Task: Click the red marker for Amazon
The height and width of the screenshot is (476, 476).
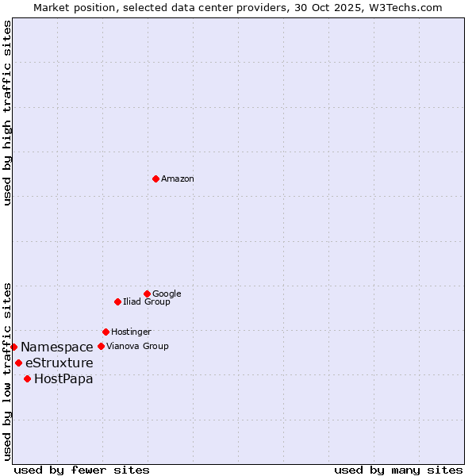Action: [155, 178]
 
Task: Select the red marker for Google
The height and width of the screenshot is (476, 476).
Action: [147, 294]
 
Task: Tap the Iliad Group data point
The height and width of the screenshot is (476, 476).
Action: [117, 301]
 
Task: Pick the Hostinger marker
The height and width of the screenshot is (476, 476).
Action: [106, 332]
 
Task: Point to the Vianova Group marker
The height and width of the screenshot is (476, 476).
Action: [101, 346]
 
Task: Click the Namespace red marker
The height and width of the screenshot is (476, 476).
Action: [13, 347]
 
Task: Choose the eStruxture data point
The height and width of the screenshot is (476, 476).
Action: [18, 363]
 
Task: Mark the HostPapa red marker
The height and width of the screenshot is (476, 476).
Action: [27, 378]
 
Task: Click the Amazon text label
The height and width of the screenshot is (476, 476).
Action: [178, 179]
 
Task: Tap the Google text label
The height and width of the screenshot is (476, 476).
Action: [167, 294]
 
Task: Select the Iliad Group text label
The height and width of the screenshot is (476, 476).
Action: [147, 302]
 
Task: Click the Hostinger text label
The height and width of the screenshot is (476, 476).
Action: [131, 332]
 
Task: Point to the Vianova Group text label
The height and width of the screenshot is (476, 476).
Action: [137, 347]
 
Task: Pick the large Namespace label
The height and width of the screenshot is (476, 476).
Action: [57, 347]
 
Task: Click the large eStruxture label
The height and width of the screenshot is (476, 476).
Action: [59, 363]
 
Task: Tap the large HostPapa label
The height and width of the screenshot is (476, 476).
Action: [63, 379]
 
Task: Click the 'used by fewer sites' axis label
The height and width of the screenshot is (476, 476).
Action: [82, 470]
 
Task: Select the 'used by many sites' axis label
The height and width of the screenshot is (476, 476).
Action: [398, 470]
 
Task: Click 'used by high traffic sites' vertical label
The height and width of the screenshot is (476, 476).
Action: [7, 113]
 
